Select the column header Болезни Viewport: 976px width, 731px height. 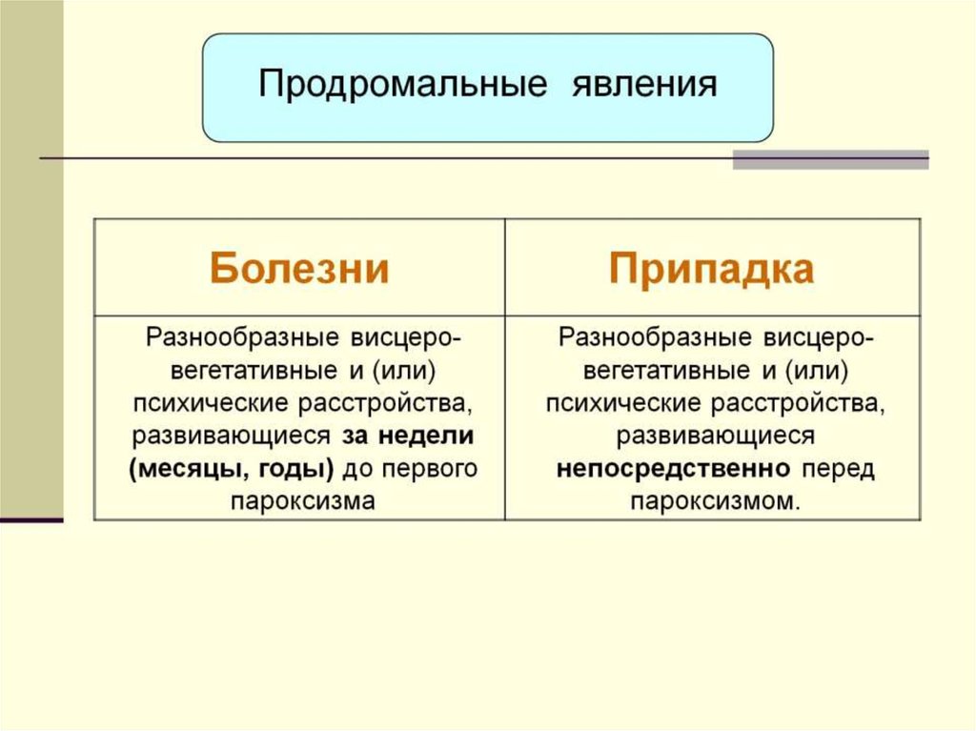[x=299, y=269]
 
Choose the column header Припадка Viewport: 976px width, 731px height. [x=712, y=269]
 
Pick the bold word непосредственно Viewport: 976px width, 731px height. [x=674, y=469]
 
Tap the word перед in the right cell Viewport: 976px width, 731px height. [x=838, y=469]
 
